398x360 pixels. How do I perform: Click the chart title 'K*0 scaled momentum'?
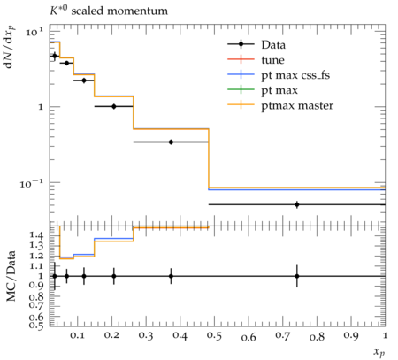pos(109,11)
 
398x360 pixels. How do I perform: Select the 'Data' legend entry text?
pos(273,45)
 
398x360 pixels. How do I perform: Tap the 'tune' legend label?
pos(272,60)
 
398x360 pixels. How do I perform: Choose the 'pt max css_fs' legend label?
pos(295,75)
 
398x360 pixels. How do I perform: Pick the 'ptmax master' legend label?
pos(297,106)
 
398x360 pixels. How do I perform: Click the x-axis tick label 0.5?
pos(214,336)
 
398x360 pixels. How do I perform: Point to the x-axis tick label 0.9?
pos(351,336)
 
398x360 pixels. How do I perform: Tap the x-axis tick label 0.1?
pos(77,336)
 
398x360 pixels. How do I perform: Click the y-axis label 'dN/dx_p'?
pos(10,47)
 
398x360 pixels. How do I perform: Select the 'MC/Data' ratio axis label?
pos(11,276)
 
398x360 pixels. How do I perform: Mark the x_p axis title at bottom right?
pos(379,352)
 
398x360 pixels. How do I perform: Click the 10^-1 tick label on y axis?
pos(32,183)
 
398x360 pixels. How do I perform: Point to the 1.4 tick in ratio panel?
pos(37,235)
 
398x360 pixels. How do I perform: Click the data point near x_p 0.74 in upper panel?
pos(297,204)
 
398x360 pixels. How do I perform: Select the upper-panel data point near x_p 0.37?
pos(171,142)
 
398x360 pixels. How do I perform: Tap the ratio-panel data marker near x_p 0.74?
pos(297,276)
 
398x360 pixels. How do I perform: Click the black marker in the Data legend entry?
pos(241,44)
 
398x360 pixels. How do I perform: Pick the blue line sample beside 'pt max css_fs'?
pos(241,74)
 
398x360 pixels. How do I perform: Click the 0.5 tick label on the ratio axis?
pos(37,326)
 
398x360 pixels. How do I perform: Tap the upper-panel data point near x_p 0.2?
pos(114,106)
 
